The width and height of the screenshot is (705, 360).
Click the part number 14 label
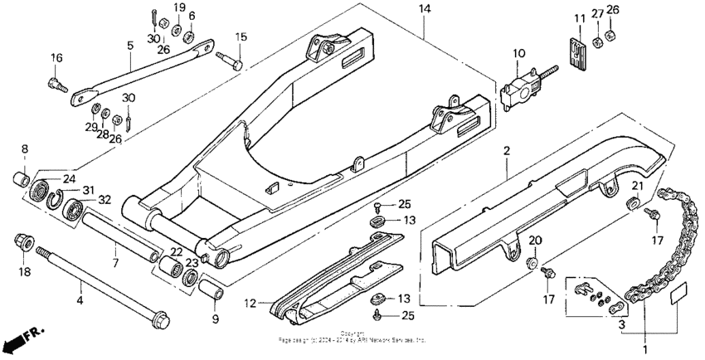[x=425, y=9]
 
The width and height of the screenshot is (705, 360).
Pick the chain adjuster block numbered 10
[x=521, y=86]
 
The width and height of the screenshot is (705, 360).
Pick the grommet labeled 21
[x=632, y=203]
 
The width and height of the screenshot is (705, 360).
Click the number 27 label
[x=597, y=12]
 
